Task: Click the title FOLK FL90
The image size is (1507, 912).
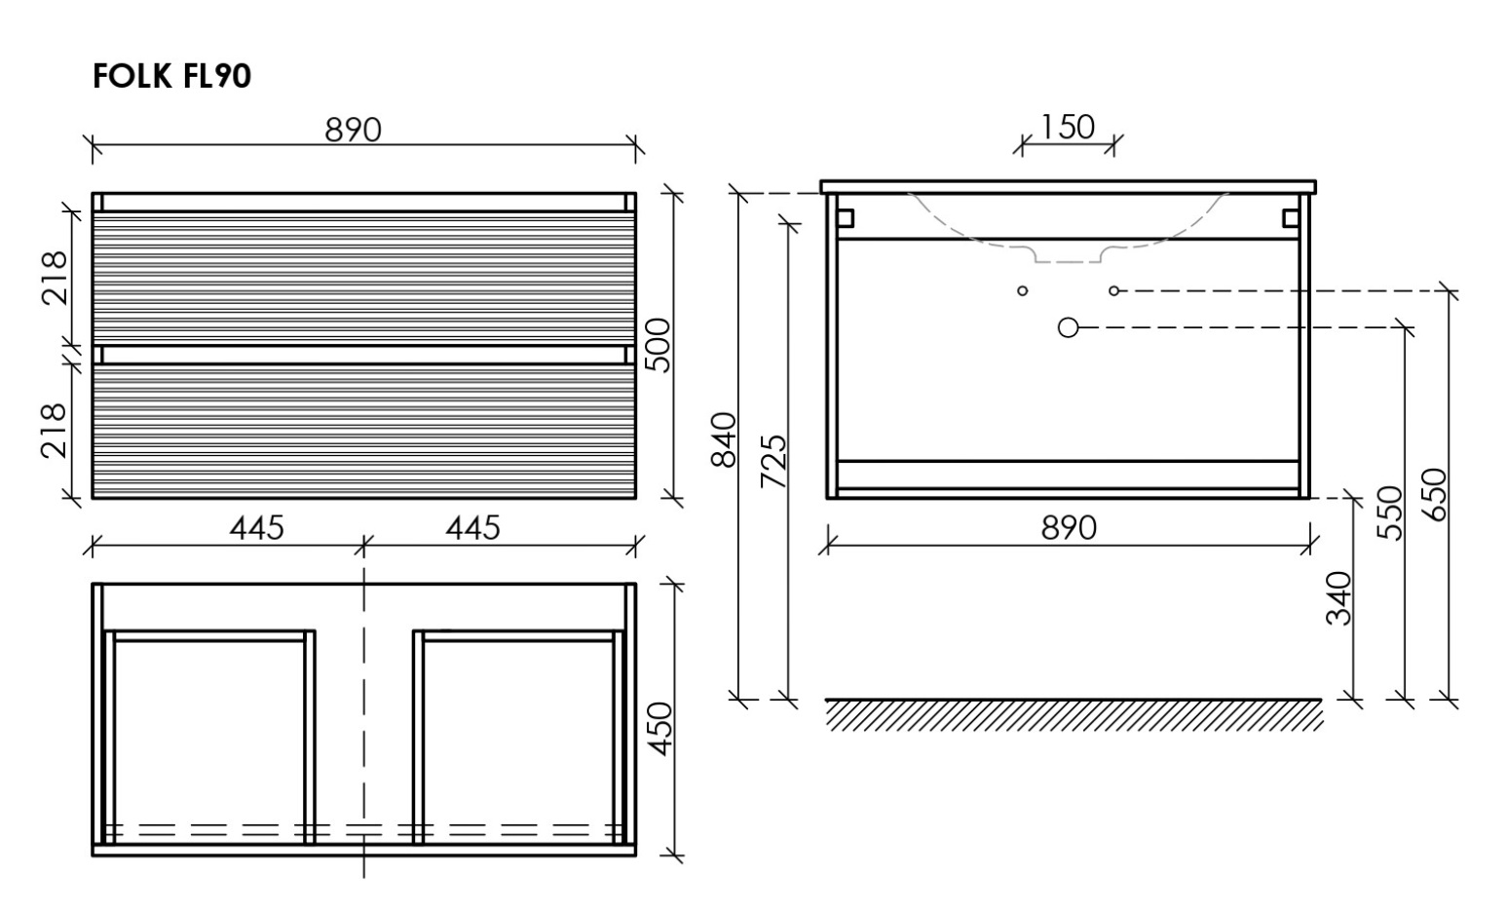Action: point(171,76)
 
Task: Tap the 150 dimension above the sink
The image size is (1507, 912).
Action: point(1068,127)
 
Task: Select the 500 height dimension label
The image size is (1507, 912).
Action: point(658,345)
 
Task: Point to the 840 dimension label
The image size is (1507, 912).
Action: point(724,439)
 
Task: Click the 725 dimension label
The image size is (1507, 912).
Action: point(773,461)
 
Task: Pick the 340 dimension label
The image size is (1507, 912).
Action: point(1338,598)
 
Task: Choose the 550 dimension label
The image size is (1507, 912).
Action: point(1390,513)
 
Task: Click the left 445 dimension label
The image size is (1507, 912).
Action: point(257,528)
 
